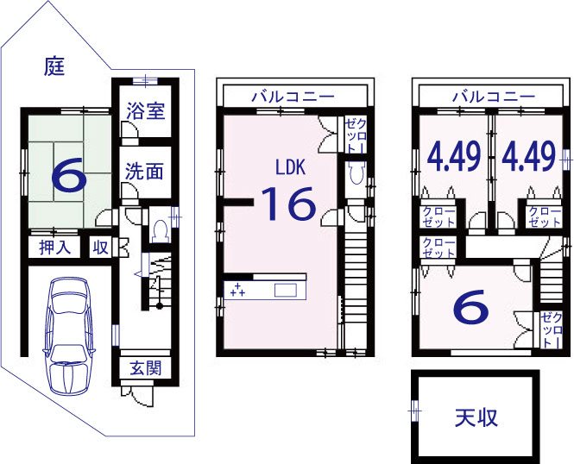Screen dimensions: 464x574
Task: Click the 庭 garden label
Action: (x=54, y=66)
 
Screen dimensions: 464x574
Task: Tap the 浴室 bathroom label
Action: (x=145, y=110)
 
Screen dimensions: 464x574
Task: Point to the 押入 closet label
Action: (x=54, y=248)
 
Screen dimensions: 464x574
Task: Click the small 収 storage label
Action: (x=101, y=248)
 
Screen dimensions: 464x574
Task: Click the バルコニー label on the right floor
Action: (x=489, y=96)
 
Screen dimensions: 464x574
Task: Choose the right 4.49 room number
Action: (x=528, y=159)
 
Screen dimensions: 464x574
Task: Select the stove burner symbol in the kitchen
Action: (x=237, y=289)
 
